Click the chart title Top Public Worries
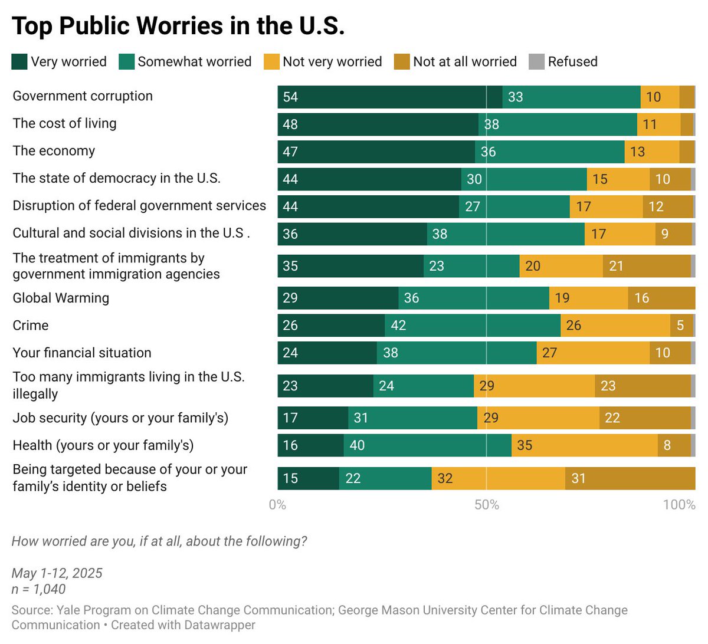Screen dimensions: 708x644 (178, 26)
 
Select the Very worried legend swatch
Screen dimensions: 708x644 (19, 62)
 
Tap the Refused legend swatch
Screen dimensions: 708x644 (536, 62)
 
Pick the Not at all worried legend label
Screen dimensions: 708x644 (465, 62)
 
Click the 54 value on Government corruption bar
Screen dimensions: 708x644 (290, 97)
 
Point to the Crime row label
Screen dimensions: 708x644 (31, 326)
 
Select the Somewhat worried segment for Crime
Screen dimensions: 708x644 (473, 326)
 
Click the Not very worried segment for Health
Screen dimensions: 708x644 (585, 445)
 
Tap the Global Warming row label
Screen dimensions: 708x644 (61, 298)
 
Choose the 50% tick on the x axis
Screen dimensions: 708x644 (487, 505)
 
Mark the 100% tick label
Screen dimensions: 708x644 (679, 505)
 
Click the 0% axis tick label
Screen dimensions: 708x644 (277, 505)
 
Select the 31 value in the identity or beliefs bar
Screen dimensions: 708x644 (578, 478)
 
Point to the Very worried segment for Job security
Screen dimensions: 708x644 (313, 418)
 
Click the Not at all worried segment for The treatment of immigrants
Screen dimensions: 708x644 (647, 266)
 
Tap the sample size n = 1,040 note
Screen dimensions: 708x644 (38, 589)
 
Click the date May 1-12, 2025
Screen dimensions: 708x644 (57, 573)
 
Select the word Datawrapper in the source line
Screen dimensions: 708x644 (219, 625)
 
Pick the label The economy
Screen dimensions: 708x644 (54, 151)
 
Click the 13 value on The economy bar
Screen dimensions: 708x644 (637, 152)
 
